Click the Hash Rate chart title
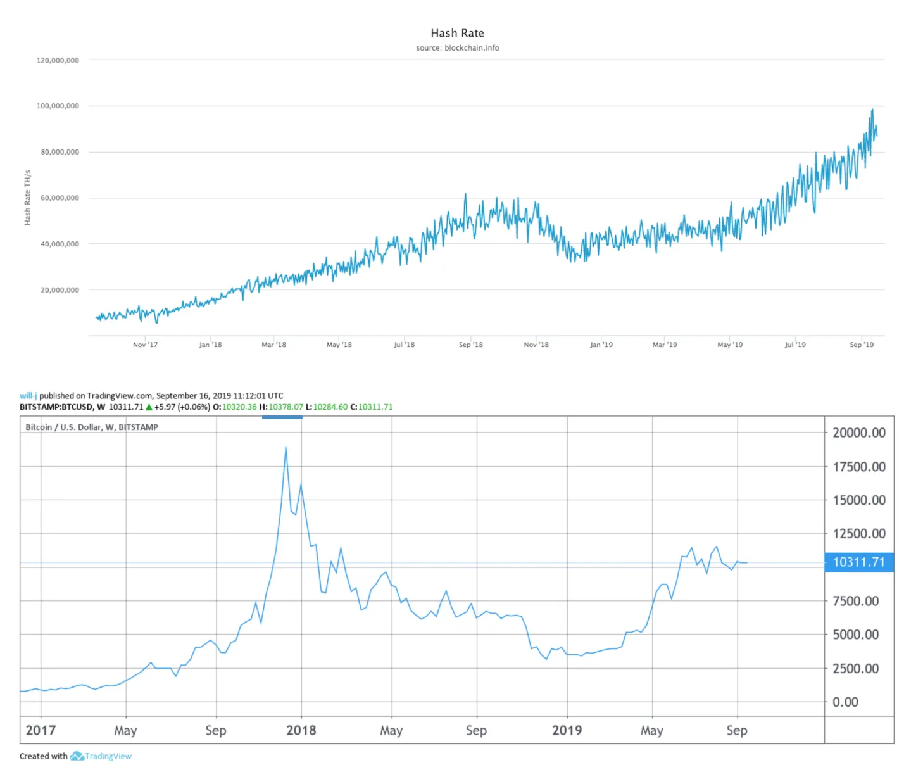[457, 34]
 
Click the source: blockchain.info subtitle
[457, 48]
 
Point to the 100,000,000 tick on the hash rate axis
[58, 106]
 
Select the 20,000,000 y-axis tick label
[60, 290]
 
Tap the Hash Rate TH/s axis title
[27, 198]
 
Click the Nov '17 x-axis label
[145, 345]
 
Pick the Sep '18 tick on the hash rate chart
[470, 345]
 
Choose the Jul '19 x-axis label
[795, 345]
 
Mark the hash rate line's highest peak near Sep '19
[872, 110]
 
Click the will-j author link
[28, 396]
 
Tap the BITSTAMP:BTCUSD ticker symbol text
[56, 407]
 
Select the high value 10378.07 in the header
[286, 407]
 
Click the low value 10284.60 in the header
[330, 407]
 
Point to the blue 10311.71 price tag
[858, 562]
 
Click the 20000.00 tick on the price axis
[858, 433]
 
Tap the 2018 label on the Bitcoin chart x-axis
[301, 731]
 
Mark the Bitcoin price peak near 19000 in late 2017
[286, 448]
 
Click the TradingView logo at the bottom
[101, 756]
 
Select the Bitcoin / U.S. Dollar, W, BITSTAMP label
[92, 427]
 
